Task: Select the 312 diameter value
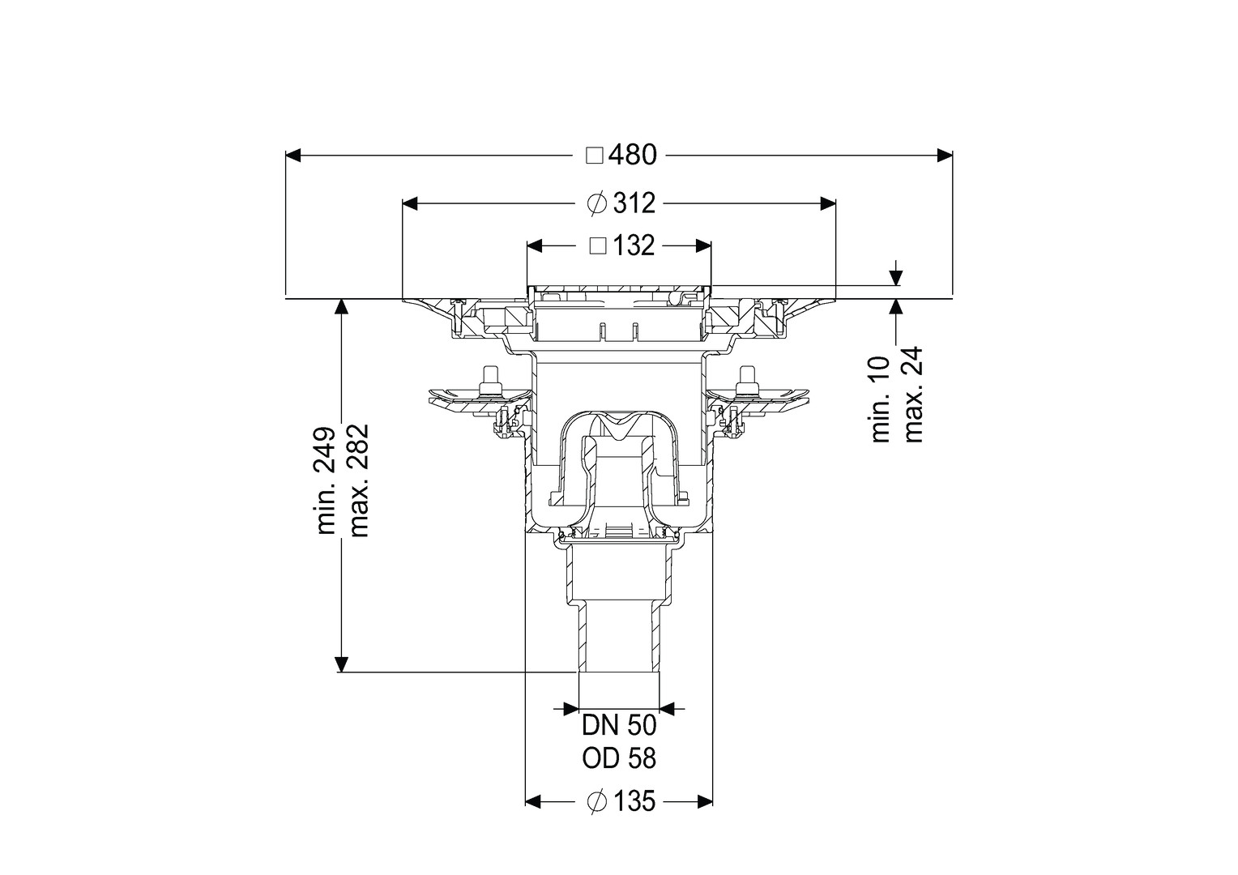pyautogui.click(x=634, y=204)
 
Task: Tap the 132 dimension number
pyautogui.click(x=634, y=245)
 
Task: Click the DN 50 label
pyautogui.click(x=619, y=726)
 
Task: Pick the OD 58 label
pyautogui.click(x=619, y=759)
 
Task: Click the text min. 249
pyautogui.click(x=326, y=480)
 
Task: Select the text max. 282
pyautogui.click(x=359, y=480)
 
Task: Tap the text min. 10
pyautogui.click(x=881, y=399)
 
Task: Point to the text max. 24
pyautogui.click(x=914, y=394)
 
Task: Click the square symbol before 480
pyautogui.click(x=595, y=156)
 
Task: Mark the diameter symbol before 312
pyautogui.click(x=597, y=204)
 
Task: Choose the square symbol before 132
pyautogui.click(x=598, y=245)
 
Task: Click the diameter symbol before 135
pyautogui.click(x=597, y=817)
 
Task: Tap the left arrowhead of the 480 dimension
pyautogui.click(x=293, y=156)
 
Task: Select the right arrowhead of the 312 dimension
pyautogui.click(x=827, y=204)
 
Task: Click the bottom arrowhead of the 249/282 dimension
pyautogui.click(x=343, y=664)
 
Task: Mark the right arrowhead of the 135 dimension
pyautogui.click(x=705, y=817)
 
